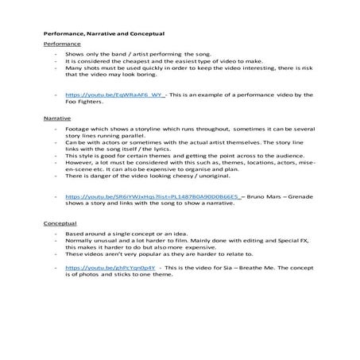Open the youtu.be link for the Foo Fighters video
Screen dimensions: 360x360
(114, 94)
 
